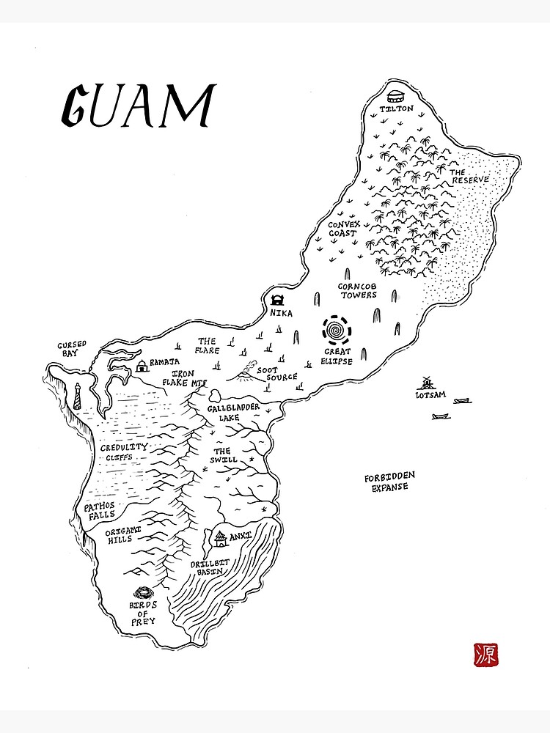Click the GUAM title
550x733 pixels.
point(137,107)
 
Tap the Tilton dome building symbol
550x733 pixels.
point(395,95)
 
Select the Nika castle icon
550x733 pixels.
point(278,300)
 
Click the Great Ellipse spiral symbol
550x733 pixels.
point(337,331)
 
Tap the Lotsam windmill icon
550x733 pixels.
point(424,383)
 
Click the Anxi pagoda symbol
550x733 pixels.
point(220,539)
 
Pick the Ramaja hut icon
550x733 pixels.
point(142,365)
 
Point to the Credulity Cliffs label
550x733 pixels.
point(124,452)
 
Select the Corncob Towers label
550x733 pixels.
point(357,290)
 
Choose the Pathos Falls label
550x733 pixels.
point(100,511)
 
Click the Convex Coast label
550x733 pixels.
point(342,229)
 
